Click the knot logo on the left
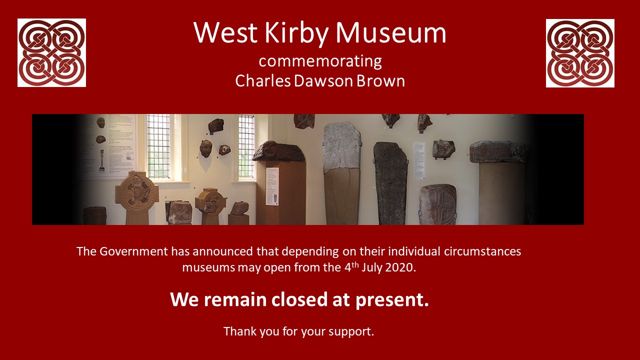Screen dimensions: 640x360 [51, 53]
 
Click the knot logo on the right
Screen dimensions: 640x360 [580, 53]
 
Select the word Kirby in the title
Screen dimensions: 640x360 [296, 33]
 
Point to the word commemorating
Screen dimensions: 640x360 [320, 61]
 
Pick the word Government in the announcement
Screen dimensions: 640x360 [133, 251]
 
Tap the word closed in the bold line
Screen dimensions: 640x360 [299, 299]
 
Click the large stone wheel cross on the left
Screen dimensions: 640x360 [137, 197]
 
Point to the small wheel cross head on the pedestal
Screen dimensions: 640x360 [210, 201]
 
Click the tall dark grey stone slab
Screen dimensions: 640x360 [390, 183]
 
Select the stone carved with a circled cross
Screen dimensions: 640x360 [437, 204]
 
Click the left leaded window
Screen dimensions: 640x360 [158, 146]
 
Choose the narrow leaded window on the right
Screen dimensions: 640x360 [246, 146]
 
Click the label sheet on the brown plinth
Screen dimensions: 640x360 [272, 186]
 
